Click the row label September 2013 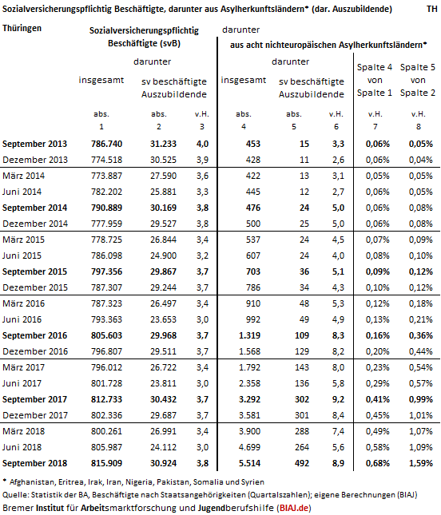(34, 144)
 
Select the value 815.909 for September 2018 (106, 463)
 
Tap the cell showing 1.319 (249, 335)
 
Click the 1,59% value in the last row (420, 463)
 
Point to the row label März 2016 (23, 303)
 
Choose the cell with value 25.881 (163, 192)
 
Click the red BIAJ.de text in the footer (294, 508)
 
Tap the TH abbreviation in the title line (432, 9)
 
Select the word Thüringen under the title (22, 28)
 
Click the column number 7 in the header (375, 127)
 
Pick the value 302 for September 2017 (302, 399)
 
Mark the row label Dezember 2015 (35, 287)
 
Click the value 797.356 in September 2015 (106, 271)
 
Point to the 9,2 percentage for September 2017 (338, 399)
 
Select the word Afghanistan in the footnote (32, 482)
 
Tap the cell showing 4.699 (249, 447)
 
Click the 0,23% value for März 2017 (378, 367)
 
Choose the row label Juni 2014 (22, 192)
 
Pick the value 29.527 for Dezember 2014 (163, 224)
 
